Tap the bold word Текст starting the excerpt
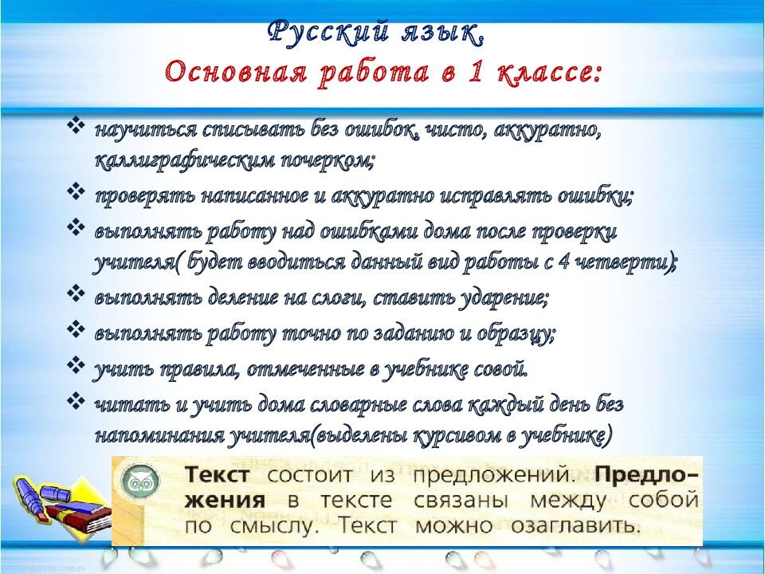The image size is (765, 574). pos(218,476)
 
